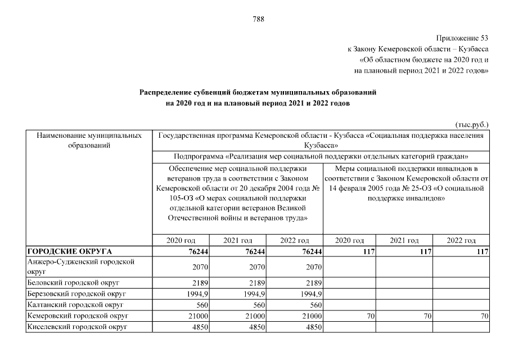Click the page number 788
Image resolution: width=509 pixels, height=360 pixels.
tap(258, 19)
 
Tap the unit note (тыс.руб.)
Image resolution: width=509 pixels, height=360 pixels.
tap(472, 124)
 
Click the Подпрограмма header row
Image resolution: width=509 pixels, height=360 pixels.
tap(322, 156)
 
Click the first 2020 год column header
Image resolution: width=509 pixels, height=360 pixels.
tap(181, 240)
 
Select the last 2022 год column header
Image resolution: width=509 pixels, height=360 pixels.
tap(461, 240)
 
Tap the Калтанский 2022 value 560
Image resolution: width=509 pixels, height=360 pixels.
tap(313, 305)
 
